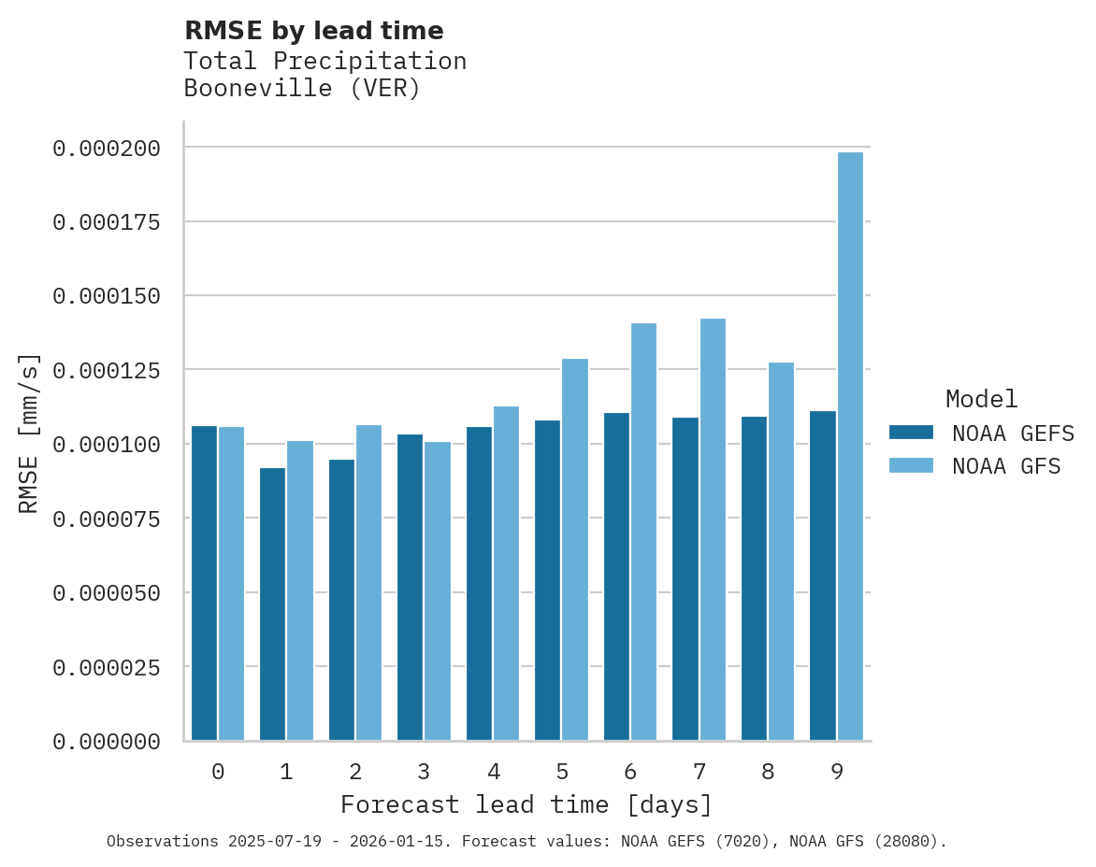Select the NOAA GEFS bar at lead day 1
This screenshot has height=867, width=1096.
pos(272,604)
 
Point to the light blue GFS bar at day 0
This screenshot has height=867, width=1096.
pos(231,583)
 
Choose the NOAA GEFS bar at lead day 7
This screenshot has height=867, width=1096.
pos(685,578)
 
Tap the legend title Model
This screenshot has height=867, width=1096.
pos(981,399)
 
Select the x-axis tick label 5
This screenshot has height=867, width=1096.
pos(562,772)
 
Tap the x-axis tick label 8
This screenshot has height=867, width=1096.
pos(768,772)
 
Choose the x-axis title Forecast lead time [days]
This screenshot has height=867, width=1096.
pos(526,804)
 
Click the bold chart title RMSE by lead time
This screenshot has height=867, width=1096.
pos(313,31)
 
